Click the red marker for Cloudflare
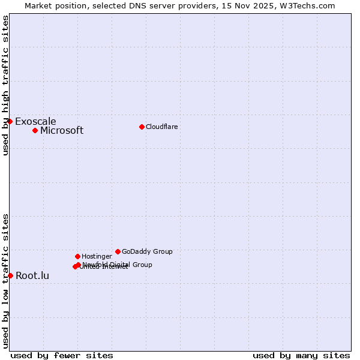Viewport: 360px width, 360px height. pyautogui.click(x=142, y=127)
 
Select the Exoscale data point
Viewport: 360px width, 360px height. pyautogui.click(x=10, y=121)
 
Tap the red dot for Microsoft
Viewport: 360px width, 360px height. pyautogui.click(x=35, y=130)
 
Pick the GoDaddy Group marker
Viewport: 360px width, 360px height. pyautogui.click(x=118, y=251)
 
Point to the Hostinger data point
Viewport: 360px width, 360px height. pyautogui.click(x=77, y=256)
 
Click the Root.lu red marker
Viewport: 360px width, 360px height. pyautogui.click(x=10, y=275)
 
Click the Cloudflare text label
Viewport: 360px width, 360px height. pyautogui.click(x=162, y=127)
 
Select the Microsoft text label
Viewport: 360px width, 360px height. pyautogui.click(x=62, y=131)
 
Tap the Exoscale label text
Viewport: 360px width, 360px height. pyautogui.click(x=35, y=122)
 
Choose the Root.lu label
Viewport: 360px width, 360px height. pyautogui.click(x=32, y=276)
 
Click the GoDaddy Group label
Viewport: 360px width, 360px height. pyautogui.click(x=147, y=252)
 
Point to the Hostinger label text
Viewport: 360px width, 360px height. pyautogui.click(x=97, y=257)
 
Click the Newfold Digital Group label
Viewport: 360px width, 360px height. pyautogui.click(x=118, y=265)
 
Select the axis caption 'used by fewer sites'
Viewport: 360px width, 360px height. pyautogui.click(x=62, y=355)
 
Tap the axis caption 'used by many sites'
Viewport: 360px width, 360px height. pyautogui.click(x=301, y=355)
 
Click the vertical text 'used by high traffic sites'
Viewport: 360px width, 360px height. pyautogui.click(x=6, y=86)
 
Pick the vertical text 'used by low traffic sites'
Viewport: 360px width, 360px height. pyautogui.click(x=6, y=281)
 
